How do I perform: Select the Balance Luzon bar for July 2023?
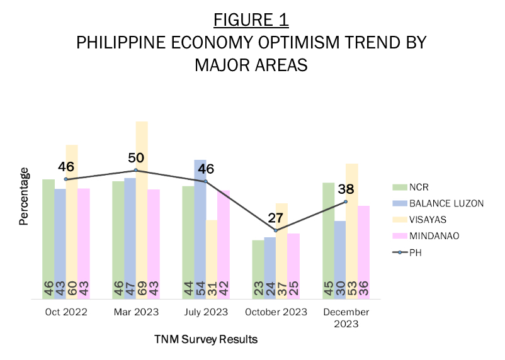click(200, 229)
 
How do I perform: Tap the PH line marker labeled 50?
click(136, 170)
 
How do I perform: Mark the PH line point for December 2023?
click(346, 201)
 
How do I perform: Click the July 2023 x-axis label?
click(206, 312)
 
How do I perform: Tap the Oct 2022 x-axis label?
click(66, 312)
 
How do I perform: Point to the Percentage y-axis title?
click(24, 196)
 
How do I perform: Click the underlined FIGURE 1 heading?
click(251, 20)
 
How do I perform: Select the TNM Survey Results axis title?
click(206, 340)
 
